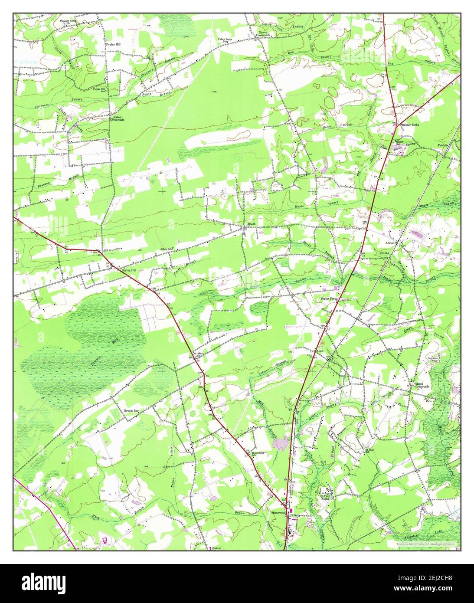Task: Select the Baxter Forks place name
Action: (x=410, y=125)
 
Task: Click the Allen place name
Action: (x=320, y=351)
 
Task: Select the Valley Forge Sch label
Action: (x=225, y=41)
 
